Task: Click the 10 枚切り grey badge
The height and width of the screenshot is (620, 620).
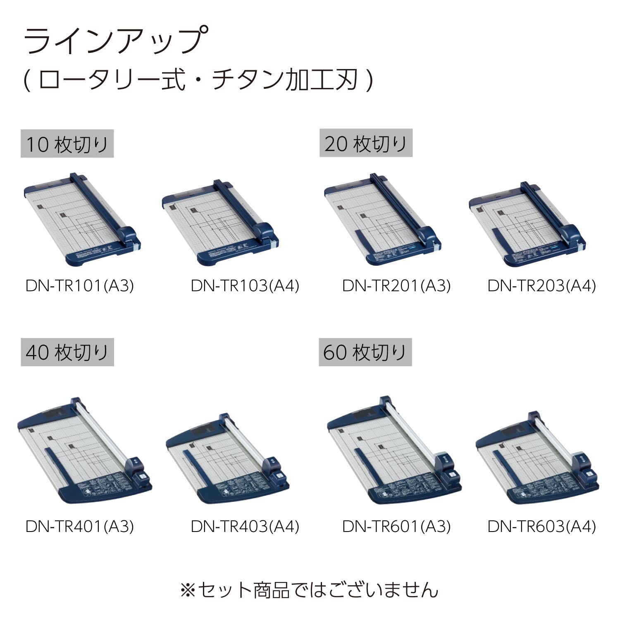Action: (x=67, y=144)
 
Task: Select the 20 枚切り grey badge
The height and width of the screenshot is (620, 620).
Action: (x=366, y=144)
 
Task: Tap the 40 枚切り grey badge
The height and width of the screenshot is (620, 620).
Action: (x=67, y=353)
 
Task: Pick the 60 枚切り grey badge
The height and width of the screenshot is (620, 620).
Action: (x=365, y=353)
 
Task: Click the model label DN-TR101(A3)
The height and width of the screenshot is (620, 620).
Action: (x=80, y=286)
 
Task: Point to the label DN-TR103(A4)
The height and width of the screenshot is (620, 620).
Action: (x=245, y=286)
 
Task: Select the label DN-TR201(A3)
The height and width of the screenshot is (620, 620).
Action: (x=396, y=286)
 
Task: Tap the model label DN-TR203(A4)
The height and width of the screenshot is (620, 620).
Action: (x=541, y=286)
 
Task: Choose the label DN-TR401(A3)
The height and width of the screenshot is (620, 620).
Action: (x=80, y=526)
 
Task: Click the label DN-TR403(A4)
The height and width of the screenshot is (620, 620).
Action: (x=245, y=526)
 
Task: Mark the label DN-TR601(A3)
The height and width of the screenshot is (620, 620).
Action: (x=396, y=526)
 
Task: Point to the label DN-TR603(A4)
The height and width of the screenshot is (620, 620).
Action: (x=541, y=526)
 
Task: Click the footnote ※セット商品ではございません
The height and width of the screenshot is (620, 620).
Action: (x=309, y=590)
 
